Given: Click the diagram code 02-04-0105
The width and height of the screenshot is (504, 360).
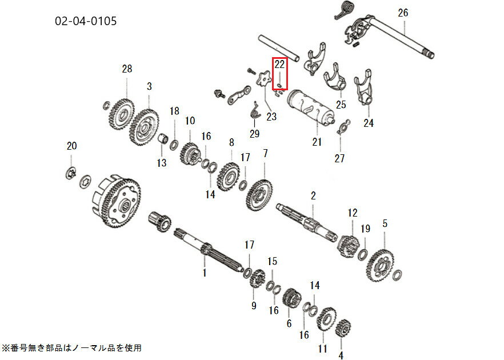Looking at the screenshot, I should point(86,22).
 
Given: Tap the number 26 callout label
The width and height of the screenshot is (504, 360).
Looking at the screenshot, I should point(403,13).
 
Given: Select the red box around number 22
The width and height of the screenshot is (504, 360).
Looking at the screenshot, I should point(279,74).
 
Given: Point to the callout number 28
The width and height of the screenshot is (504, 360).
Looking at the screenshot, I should point(126,69).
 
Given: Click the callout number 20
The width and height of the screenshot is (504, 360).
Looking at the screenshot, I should point(71,146).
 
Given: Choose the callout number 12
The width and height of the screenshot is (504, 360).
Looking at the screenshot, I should point(352,213).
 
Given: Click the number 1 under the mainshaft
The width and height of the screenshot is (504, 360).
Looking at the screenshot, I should point(203,273).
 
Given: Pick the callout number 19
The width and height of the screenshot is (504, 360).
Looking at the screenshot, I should point(365,229).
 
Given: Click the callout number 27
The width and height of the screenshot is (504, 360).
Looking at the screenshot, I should point(339,158).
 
